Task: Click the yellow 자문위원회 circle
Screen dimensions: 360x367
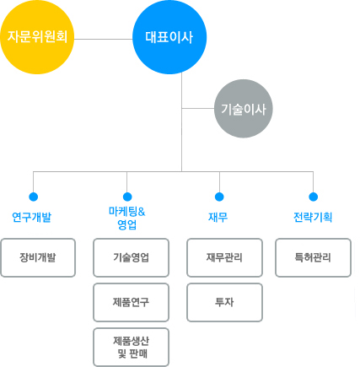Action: tap(37, 37)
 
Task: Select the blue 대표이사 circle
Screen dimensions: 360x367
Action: tap(169, 37)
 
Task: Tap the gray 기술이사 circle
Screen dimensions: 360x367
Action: tap(244, 109)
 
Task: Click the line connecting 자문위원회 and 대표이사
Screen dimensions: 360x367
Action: tap(103, 39)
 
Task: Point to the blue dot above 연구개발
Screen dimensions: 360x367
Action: tap(34, 197)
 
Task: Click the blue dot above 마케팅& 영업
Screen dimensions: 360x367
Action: tap(127, 197)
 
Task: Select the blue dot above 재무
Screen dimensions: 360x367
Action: tap(219, 197)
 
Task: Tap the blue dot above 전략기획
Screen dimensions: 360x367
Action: tap(314, 197)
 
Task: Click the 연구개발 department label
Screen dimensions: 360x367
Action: tap(32, 217)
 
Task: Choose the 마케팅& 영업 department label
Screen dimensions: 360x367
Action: tap(127, 219)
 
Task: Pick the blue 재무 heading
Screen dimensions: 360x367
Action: tap(218, 217)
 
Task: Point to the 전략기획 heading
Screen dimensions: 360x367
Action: tap(313, 217)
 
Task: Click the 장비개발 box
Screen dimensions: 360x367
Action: tap(38, 257)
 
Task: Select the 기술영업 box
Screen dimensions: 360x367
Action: tap(132, 257)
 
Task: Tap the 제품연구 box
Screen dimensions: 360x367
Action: tap(132, 302)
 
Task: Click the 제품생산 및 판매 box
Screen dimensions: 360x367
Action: tap(132, 347)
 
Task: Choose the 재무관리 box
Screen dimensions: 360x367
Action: tap(225, 257)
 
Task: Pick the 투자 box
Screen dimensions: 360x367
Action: tap(225, 302)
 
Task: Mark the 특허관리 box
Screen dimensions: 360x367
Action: tap(314, 257)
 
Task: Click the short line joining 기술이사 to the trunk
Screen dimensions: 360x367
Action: tap(198, 108)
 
